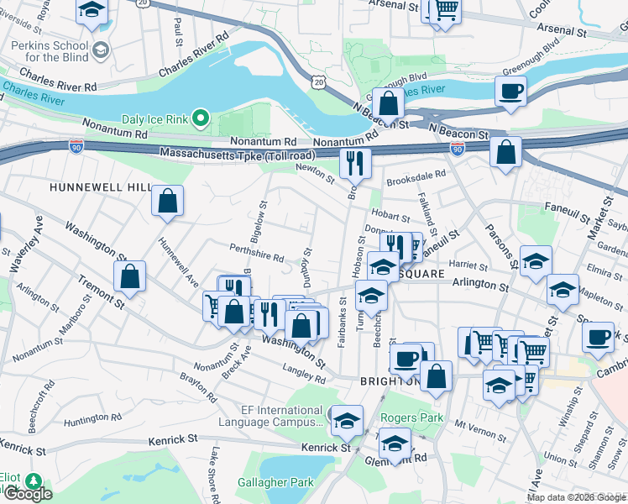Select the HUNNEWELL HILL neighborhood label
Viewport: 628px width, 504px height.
[100, 186]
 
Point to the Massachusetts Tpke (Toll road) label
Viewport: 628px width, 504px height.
[238, 155]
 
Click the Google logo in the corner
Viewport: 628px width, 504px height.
[28, 494]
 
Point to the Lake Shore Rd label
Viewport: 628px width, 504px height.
[215, 477]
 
